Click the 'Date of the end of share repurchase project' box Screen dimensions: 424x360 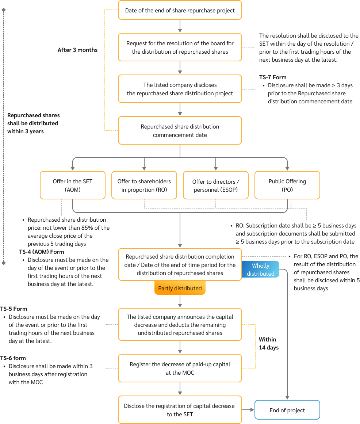coord(180,10)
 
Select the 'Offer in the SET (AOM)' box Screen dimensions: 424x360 coord(73,186)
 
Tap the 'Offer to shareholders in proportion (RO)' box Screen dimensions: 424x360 coord(144,186)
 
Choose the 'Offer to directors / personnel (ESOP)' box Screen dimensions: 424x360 coord(215,186)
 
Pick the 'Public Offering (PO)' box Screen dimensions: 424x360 coord(287,186)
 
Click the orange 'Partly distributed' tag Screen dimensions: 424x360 coord(180,288)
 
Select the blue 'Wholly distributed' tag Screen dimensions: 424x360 coord(260,270)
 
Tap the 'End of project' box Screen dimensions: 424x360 coord(287,410)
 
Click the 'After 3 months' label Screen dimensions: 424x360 coord(77,50)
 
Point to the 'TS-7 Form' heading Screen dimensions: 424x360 coord(272,77)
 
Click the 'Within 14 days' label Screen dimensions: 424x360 coord(268,343)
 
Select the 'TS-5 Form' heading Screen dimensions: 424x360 coord(14,309)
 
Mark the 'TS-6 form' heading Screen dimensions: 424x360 coord(13,358)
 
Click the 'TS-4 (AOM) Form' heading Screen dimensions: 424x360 coord(41,252)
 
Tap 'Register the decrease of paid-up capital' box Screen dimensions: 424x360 coord(180,368)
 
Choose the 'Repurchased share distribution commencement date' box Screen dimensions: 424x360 coord(180,131)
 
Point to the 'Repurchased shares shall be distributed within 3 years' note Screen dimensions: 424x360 coord(33,123)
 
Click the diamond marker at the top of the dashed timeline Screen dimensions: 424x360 coord(4,10)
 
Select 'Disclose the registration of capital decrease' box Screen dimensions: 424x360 coord(180,410)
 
